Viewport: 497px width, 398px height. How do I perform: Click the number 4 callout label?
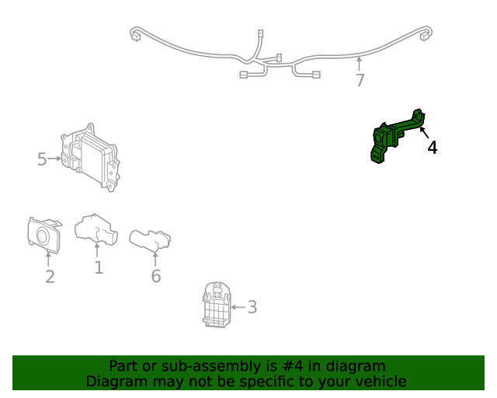coord(433,148)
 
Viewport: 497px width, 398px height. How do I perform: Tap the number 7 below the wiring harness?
coord(360,80)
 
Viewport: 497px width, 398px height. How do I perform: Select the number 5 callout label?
coord(42,159)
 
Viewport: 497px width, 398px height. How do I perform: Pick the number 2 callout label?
coord(50,277)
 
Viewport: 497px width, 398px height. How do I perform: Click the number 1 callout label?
coord(99,267)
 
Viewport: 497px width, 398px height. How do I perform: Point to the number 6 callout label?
coord(156,276)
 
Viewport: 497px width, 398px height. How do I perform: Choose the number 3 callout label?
coord(252,307)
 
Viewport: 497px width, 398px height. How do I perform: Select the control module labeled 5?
coord(90,158)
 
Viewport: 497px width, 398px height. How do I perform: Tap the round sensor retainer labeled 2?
coord(43,236)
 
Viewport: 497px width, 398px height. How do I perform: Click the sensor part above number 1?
coord(96,229)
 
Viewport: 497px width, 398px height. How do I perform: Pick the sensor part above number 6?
coord(150,239)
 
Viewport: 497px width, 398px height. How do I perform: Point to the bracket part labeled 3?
coord(217,305)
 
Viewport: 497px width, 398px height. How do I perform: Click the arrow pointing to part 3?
coord(238,307)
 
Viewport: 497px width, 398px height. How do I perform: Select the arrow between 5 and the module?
coord(54,158)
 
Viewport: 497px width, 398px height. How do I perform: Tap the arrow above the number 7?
coord(359,64)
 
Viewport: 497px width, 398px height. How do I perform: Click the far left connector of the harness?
coord(136,35)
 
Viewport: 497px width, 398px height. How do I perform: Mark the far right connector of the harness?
coord(424,35)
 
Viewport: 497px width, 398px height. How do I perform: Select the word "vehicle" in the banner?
coord(384,382)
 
